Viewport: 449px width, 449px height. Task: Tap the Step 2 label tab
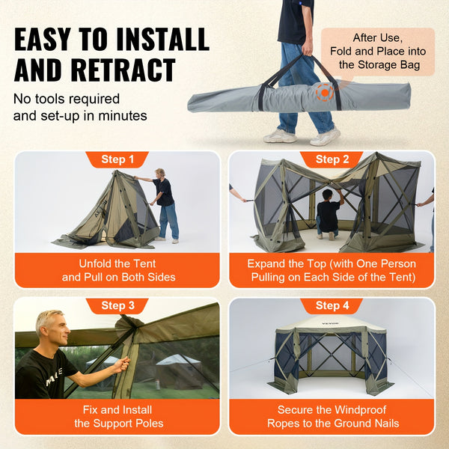click(332, 159)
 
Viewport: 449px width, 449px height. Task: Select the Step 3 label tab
click(117, 305)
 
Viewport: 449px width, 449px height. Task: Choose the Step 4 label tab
click(332, 305)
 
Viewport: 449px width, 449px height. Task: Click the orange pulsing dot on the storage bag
click(325, 94)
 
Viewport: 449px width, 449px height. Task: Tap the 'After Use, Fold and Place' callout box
click(378, 50)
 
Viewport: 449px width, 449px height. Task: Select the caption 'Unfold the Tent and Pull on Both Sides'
click(117, 270)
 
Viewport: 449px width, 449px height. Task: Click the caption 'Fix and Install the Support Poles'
click(117, 417)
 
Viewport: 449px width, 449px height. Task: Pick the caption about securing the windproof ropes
click(332, 417)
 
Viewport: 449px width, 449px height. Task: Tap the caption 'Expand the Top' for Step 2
click(332, 270)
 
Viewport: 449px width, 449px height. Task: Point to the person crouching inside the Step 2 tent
click(328, 212)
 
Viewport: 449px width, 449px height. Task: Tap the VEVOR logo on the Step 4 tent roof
click(330, 324)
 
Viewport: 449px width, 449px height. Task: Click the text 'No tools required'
click(67, 99)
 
